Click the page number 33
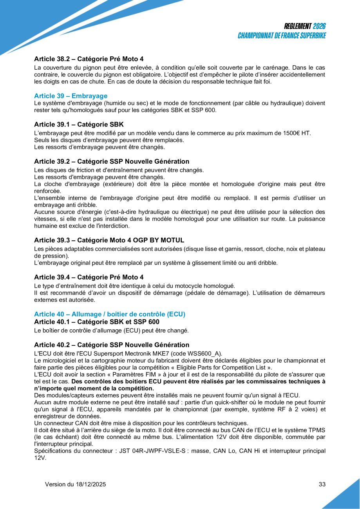(x=322, y=484)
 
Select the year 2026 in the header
(x=319, y=26)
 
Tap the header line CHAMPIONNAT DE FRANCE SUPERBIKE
(x=282, y=36)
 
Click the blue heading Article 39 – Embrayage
(x=71, y=96)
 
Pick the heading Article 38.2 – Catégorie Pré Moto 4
(x=89, y=59)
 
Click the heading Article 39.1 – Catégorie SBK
(x=79, y=125)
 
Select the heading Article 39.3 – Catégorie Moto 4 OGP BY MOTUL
(x=109, y=240)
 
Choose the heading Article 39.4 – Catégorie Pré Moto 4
(x=89, y=277)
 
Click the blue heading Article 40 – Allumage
(x=110, y=314)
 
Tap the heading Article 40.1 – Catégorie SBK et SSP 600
(x=96, y=322)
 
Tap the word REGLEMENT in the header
(x=298, y=26)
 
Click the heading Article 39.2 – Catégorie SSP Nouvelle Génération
(x=112, y=161)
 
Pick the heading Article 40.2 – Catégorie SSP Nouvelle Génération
(x=112, y=345)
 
